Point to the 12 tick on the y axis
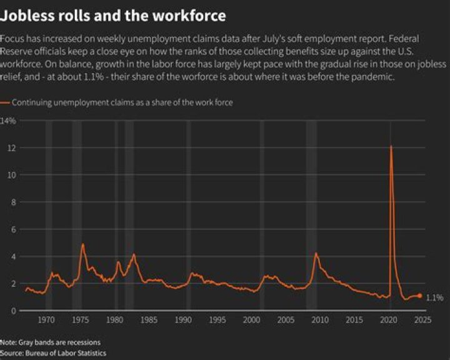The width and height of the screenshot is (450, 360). point(11,147)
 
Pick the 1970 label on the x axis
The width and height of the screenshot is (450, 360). point(46,320)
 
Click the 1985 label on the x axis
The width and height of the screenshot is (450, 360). point(148,320)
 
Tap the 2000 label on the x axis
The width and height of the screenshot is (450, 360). point(251,320)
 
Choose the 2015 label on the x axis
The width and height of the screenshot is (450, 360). point(354,320)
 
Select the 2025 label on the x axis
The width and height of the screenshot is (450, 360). point(422,320)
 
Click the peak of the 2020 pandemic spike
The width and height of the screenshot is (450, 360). point(391,146)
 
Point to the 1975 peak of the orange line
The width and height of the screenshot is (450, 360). point(82,244)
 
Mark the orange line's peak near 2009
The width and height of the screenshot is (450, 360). point(316,253)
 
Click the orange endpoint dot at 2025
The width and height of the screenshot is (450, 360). point(420,296)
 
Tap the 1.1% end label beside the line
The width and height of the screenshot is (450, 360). point(434,298)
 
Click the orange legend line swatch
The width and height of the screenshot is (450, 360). point(5,102)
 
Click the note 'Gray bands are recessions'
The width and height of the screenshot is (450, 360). point(50,342)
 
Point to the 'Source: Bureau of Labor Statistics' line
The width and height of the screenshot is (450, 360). point(52,353)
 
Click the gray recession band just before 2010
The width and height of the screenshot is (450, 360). point(311,212)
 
